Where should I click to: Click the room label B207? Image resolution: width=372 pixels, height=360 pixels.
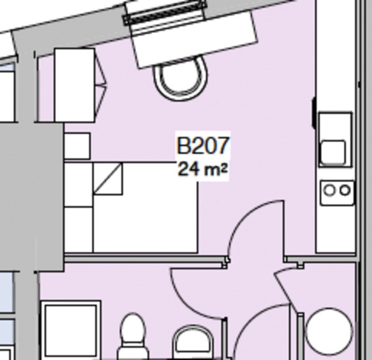point(203,146)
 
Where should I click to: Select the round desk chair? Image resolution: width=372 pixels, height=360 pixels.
point(179,78)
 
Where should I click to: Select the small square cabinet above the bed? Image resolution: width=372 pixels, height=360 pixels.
point(77,146)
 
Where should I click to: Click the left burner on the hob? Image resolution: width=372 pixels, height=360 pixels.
point(329,191)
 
